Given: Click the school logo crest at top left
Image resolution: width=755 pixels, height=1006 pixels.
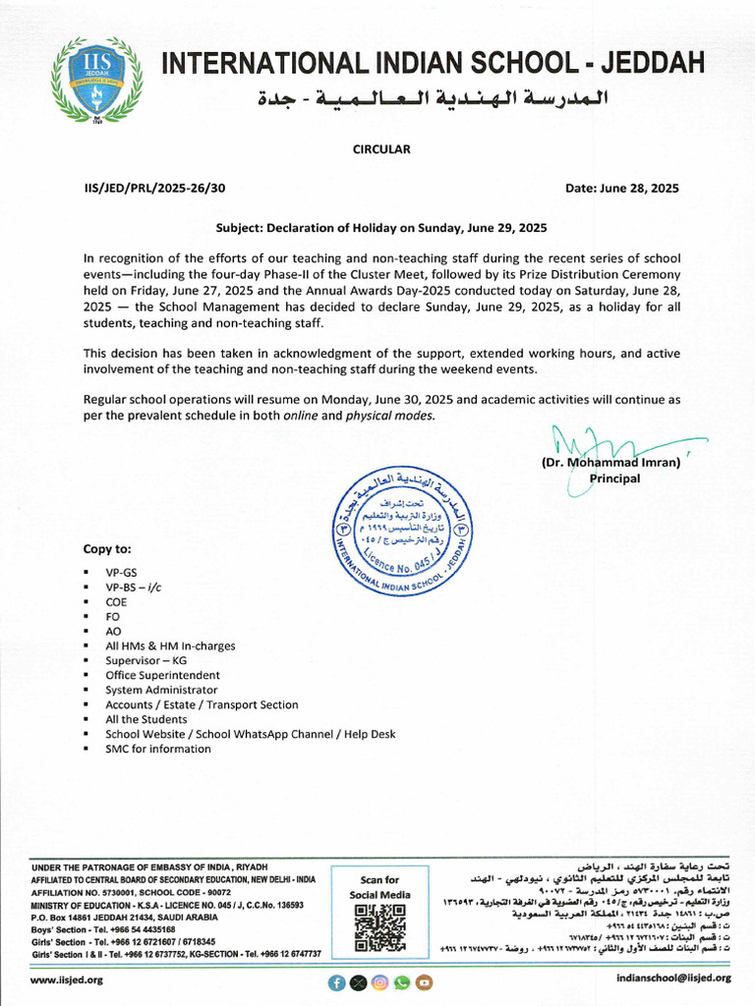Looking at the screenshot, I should [97, 79].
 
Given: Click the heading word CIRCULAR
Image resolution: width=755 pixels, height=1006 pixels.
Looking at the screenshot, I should [381, 149].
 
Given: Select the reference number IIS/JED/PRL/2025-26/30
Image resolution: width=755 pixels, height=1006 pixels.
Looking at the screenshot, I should [154, 188].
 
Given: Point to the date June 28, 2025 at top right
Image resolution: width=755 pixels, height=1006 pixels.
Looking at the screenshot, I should [622, 188].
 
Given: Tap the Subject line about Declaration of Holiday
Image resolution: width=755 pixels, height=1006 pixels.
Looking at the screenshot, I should [380, 227].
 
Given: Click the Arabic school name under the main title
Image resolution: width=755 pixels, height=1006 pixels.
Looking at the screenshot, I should [433, 99].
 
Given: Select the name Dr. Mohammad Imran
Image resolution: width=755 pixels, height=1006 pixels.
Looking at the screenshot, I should [610, 463].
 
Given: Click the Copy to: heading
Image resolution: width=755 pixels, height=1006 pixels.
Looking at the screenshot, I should [106, 549].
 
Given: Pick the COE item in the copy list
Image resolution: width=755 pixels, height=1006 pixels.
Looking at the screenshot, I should [116, 601].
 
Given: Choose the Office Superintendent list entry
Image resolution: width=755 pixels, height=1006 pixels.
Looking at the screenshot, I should [162, 675].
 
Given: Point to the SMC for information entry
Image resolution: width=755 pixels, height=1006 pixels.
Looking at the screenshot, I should [157, 749].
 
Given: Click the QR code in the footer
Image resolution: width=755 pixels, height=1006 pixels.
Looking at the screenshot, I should [379, 928].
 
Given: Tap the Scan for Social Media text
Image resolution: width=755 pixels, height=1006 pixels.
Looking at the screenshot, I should [379, 887].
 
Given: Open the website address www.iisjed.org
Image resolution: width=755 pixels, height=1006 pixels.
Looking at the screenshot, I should [67, 979].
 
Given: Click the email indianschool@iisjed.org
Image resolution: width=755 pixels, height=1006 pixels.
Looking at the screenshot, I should [673, 978].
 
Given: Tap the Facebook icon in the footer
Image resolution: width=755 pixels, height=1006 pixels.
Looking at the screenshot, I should [337, 981].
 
